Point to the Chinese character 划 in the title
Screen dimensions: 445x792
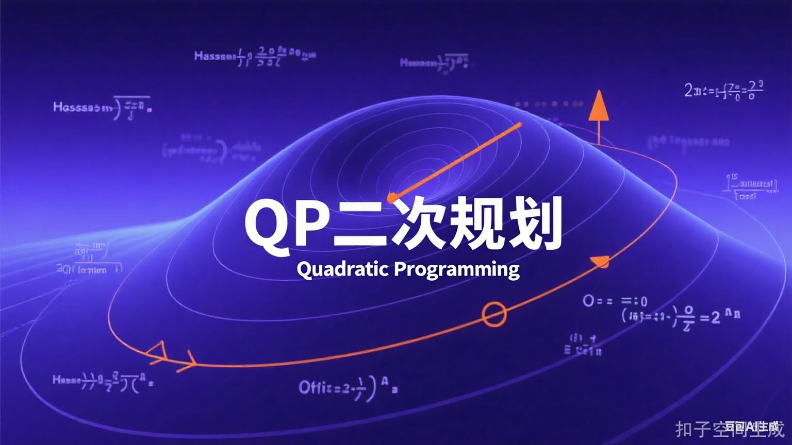click(534, 225)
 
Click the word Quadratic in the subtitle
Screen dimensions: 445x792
click(342, 269)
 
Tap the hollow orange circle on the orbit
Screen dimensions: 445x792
click(494, 314)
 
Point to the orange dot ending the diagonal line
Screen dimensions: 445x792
click(392, 197)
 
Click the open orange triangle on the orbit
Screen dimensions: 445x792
click(158, 351)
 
